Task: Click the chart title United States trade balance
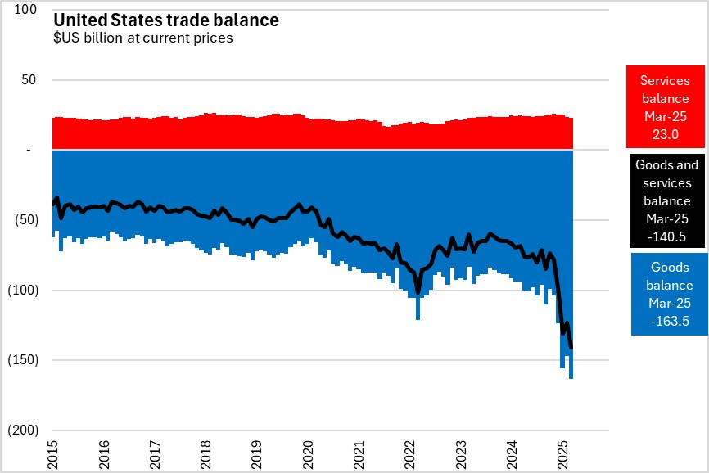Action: click(x=165, y=20)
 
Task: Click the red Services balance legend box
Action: click(x=665, y=106)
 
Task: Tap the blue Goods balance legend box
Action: click(x=670, y=294)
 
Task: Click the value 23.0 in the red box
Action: click(x=666, y=133)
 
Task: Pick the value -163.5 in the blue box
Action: click(x=670, y=322)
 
